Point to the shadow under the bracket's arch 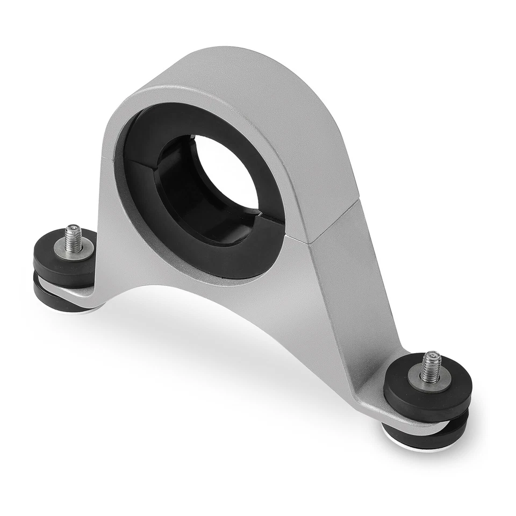[215, 344]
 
